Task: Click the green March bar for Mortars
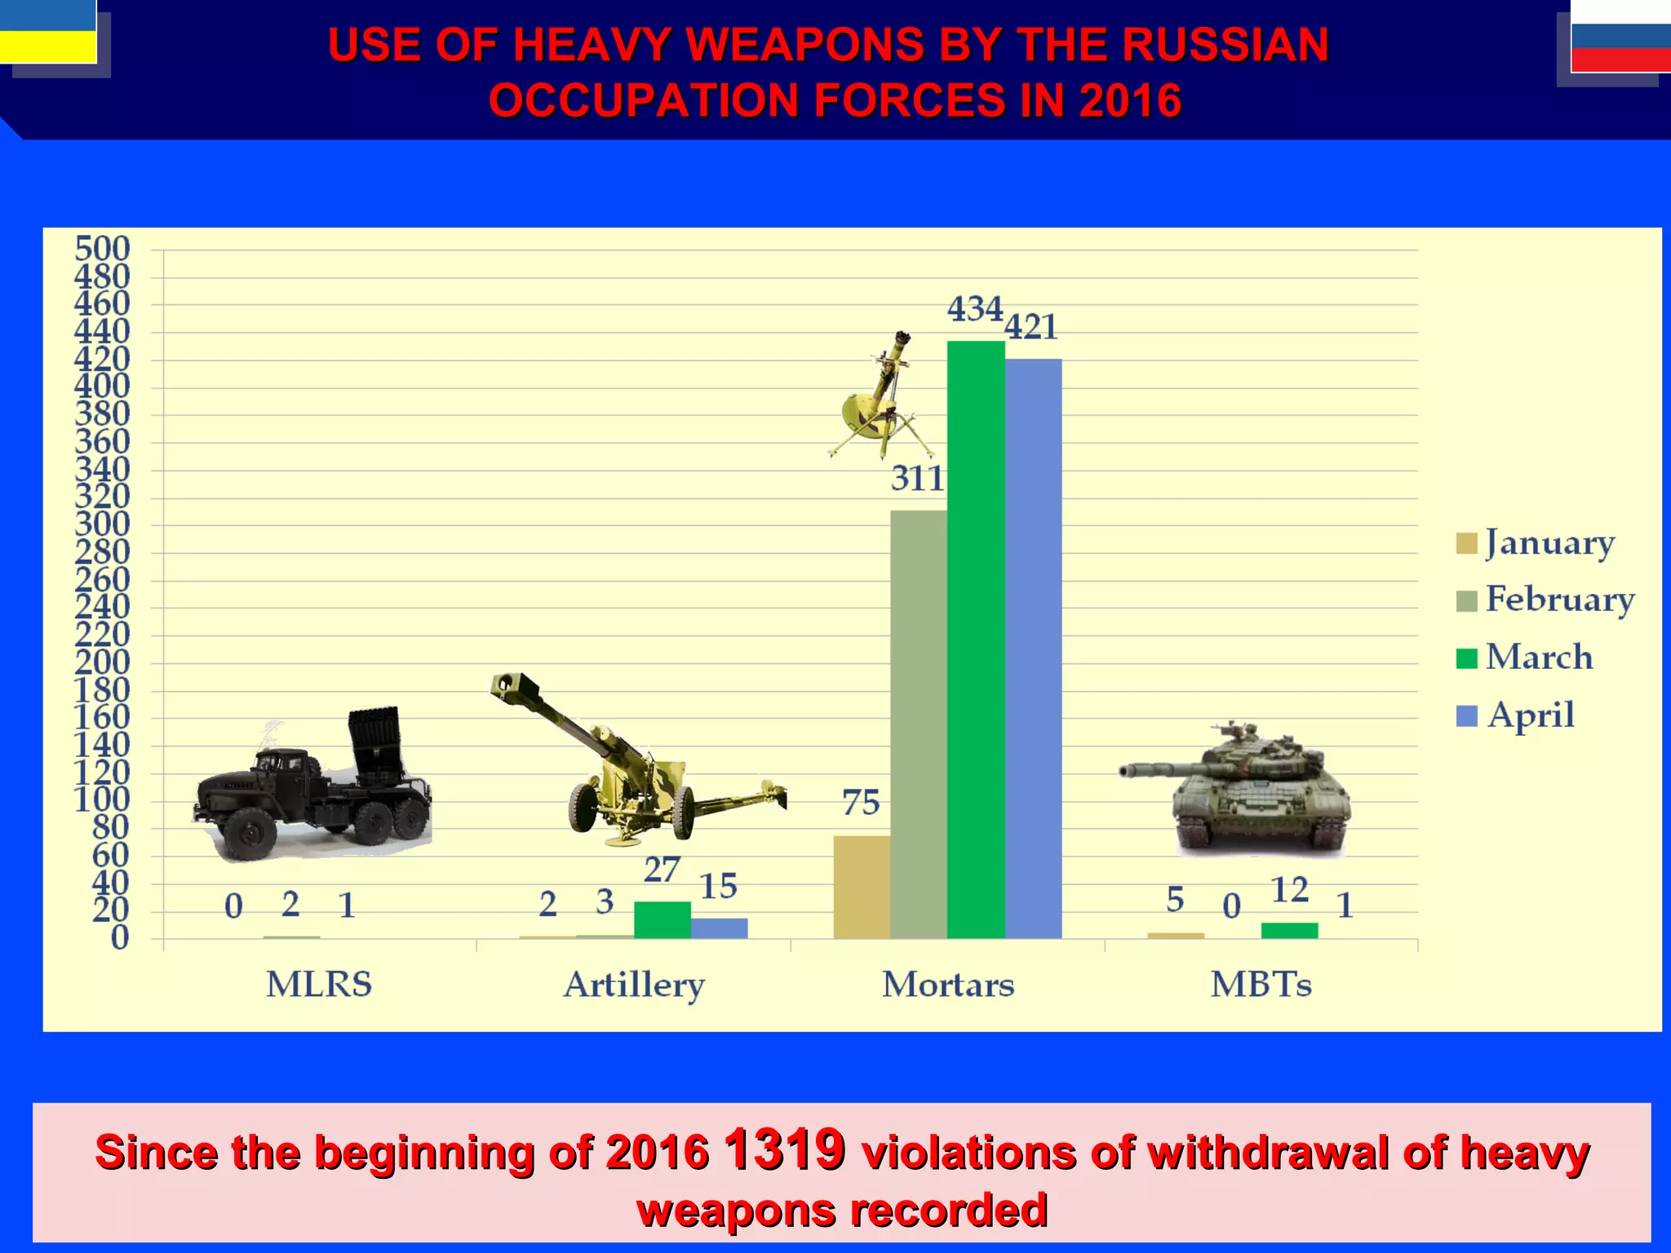click(x=976, y=640)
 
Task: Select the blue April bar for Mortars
click(x=1033, y=649)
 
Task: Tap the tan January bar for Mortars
click(x=862, y=887)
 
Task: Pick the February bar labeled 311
click(x=919, y=724)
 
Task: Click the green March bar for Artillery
click(x=662, y=920)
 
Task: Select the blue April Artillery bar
click(x=719, y=928)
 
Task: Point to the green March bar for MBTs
click(x=1289, y=931)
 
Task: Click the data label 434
click(x=974, y=310)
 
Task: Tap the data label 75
click(x=861, y=804)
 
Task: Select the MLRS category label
click(x=319, y=985)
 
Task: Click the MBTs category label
click(x=1261, y=985)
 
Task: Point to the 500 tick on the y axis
click(x=102, y=249)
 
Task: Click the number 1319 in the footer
click(x=784, y=1150)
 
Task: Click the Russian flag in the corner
click(x=1620, y=37)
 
